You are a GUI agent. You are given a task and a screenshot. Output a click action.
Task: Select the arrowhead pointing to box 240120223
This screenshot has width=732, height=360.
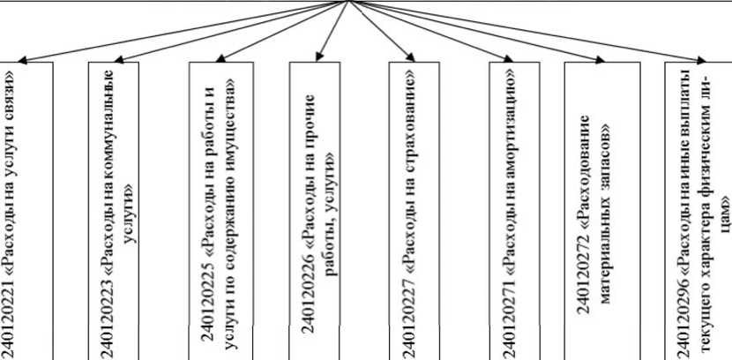[118, 62]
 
